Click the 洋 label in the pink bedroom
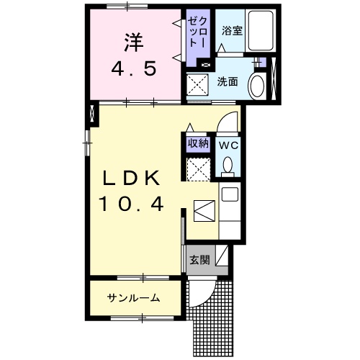(134, 42)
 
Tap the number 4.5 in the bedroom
(134, 68)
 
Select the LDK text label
(131, 178)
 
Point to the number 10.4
(131, 204)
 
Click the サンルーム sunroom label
(133, 298)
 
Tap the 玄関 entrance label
(199, 260)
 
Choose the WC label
(228, 145)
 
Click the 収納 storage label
(198, 143)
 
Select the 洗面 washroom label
(228, 82)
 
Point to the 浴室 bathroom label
(232, 31)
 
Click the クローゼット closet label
(197, 32)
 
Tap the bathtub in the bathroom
(261, 30)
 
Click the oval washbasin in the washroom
(257, 86)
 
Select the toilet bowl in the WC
(228, 165)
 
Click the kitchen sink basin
(230, 194)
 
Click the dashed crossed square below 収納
(199, 169)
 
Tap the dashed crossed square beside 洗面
(197, 85)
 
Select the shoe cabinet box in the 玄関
(222, 256)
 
